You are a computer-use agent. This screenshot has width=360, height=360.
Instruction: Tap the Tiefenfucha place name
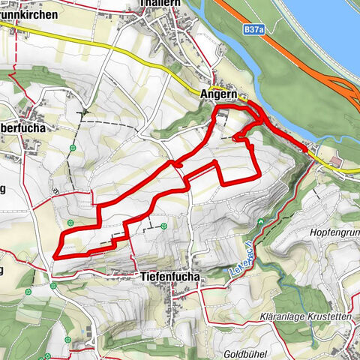click(x=170, y=277)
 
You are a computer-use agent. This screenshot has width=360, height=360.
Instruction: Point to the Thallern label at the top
click(x=161, y=4)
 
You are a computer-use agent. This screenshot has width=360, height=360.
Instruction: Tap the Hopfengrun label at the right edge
click(x=334, y=233)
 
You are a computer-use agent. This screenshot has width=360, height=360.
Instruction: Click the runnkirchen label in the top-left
click(x=30, y=15)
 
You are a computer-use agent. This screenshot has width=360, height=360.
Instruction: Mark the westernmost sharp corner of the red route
click(x=55, y=256)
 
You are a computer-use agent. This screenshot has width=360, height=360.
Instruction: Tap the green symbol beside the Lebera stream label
click(x=259, y=223)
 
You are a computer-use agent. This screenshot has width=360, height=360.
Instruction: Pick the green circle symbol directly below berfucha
click(x=73, y=148)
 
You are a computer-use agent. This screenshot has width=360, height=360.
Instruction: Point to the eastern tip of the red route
click(x=308, y=148)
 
